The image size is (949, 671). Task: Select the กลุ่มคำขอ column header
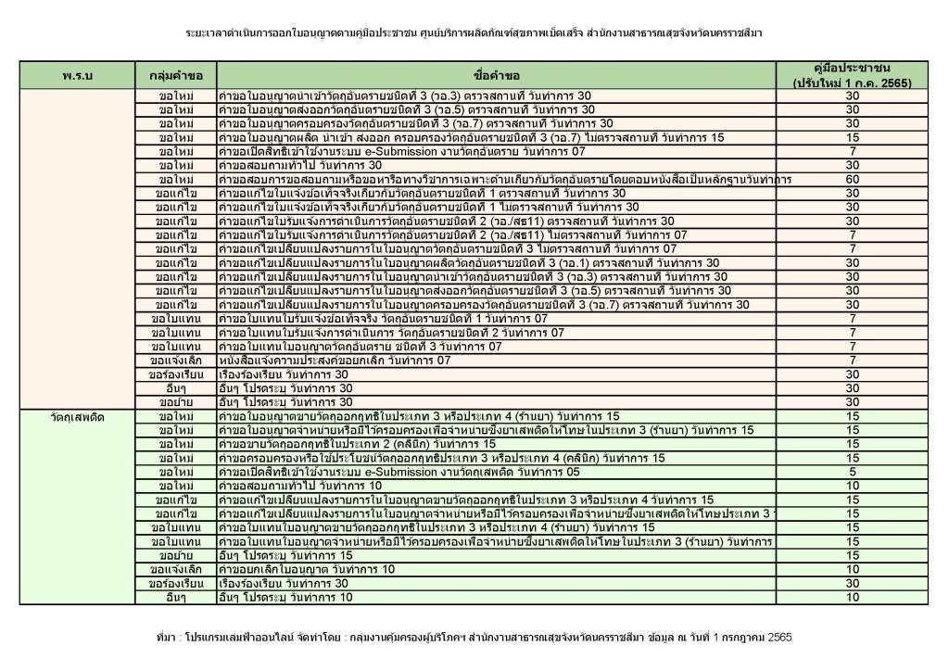click(175, 74)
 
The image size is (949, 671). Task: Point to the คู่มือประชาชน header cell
click(852, 75)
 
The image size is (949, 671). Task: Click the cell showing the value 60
click(852, 179)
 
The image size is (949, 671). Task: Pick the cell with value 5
click(852, 472)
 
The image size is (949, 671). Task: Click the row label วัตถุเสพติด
click(79, 417)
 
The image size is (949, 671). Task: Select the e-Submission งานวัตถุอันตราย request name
click(401, 151)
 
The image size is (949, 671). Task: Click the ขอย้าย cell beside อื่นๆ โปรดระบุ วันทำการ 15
click(175, 555)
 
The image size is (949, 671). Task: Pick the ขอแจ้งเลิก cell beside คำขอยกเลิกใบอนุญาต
click(175, 569)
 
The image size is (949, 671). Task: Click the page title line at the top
click(474, 33)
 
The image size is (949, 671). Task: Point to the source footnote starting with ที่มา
click(474, 638)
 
